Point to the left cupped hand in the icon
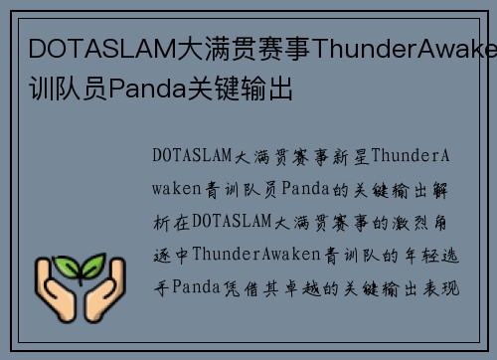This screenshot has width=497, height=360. tap(57, 295)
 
